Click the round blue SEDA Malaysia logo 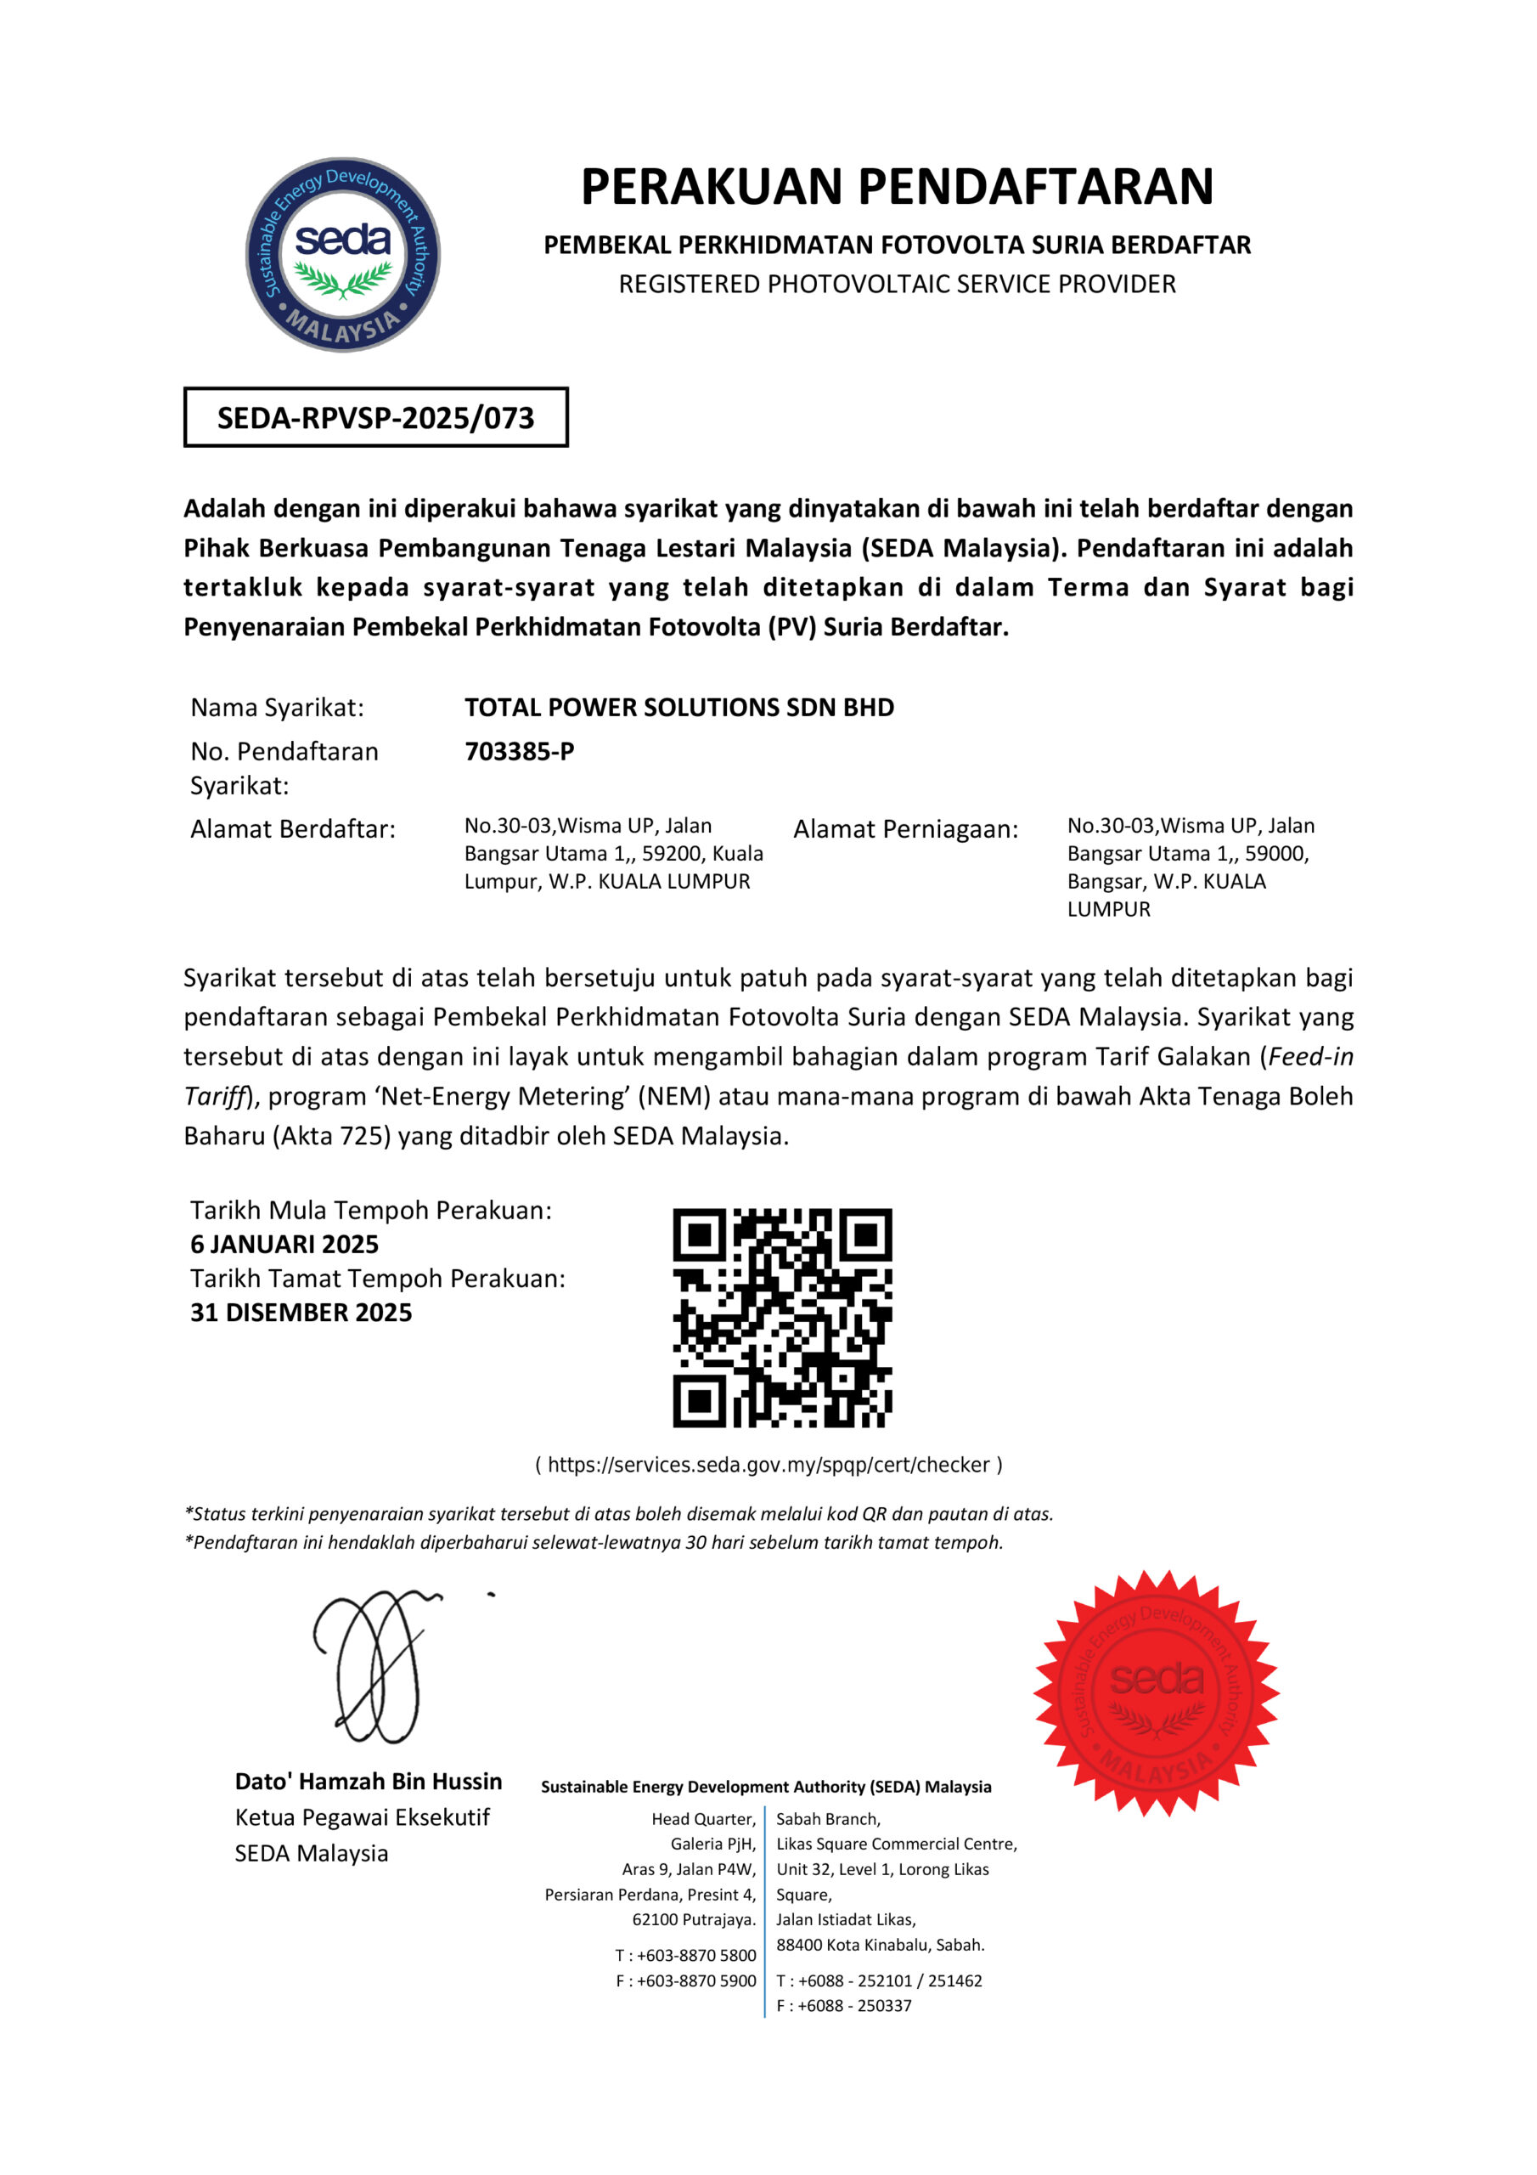(343, 254)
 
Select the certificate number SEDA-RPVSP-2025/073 (376, 418)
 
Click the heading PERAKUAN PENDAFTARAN (897, 187)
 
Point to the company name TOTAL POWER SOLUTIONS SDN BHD (679, 708)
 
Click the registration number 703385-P (519, 751)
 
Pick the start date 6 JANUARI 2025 (284, 1244)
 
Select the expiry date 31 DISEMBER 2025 (301, 1312)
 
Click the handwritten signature (379, 1667)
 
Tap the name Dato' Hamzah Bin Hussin (369, 1781)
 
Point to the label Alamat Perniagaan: (905, 829)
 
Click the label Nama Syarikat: (277, 708)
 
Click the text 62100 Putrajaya (694, 1919)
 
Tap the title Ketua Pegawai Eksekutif (362, 1817)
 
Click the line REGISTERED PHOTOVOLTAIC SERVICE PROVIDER (897, 284)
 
